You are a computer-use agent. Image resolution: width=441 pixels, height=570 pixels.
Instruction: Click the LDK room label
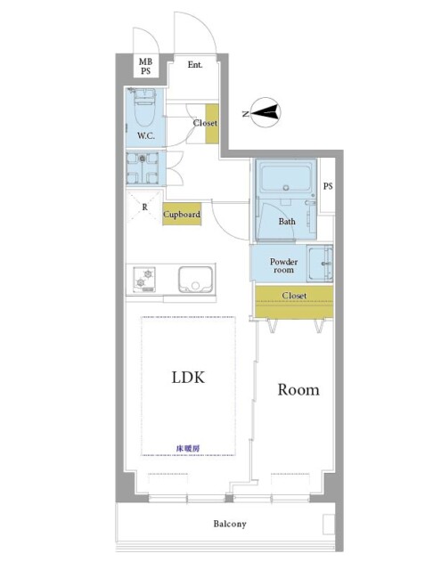click(188, 378)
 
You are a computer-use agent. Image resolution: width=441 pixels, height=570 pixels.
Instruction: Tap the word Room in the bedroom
click(298, 390)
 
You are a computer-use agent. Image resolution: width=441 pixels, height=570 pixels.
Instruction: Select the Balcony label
click(230, 524)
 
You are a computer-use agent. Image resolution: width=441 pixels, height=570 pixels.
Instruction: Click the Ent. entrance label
click(195, 65)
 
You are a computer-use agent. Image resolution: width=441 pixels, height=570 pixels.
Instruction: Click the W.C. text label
click(146, 136)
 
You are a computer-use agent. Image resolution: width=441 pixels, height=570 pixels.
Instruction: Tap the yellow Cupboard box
click(182, 214)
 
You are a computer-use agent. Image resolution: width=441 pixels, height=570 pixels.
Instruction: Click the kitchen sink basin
click(195, 279)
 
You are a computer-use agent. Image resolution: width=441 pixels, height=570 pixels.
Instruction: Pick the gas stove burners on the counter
click(144, 279)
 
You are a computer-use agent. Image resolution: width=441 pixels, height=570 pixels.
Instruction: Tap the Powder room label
click(283, 265)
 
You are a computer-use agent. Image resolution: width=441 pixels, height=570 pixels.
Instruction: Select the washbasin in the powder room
click(320, 264)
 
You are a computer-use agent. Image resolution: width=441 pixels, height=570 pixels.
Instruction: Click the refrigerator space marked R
click(144, 207)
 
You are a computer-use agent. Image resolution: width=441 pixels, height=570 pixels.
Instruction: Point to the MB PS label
click(145, 66)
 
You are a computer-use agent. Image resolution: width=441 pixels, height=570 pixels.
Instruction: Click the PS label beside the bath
click(328, 186)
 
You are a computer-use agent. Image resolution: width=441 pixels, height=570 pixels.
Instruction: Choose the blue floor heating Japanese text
click(188, 449)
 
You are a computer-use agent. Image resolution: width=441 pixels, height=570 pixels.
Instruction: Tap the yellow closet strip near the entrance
click(212, 124)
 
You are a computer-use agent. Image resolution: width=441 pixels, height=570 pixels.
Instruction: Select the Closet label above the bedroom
click(295, 296)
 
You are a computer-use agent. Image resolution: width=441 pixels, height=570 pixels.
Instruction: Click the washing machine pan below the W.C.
click(143, 168)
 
